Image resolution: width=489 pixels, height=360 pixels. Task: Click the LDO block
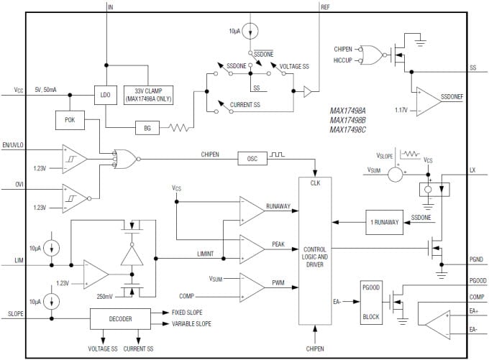tap(106, 94)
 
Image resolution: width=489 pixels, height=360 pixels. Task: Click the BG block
tap(147, 129)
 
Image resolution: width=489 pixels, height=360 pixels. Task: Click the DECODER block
tap(121, 318)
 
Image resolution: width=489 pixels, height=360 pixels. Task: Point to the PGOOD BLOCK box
tap(370, 302)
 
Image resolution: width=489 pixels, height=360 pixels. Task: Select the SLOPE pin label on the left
tap(17, 314)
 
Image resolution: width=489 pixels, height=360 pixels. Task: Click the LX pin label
tap(472, 170)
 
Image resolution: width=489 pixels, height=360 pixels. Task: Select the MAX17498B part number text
tap(349, 120)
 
